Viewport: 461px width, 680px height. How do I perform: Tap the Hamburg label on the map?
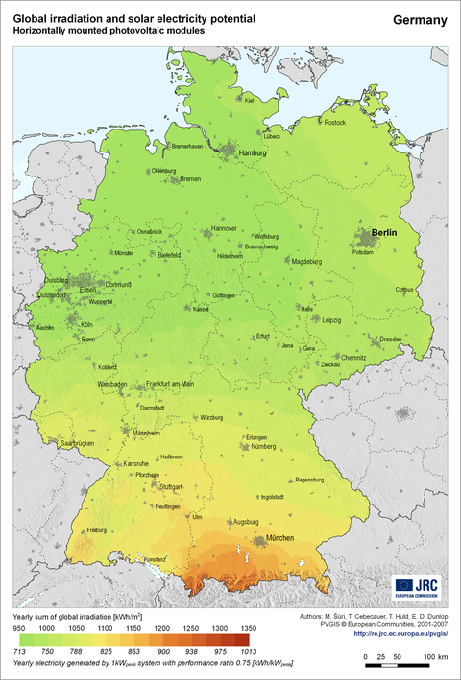tap(252, 153)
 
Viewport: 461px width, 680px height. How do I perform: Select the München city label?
tap(286, 538)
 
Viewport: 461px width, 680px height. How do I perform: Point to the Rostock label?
tap(334, 123)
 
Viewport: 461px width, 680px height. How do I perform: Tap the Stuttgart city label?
tap(173, 488)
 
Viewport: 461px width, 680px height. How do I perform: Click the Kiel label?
tap(249, 100)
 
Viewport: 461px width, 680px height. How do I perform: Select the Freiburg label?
tap(96, 530)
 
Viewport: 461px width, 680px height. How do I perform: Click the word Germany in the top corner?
tap(420, 20)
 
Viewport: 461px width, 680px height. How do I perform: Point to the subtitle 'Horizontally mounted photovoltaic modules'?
tap(109, 31)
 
